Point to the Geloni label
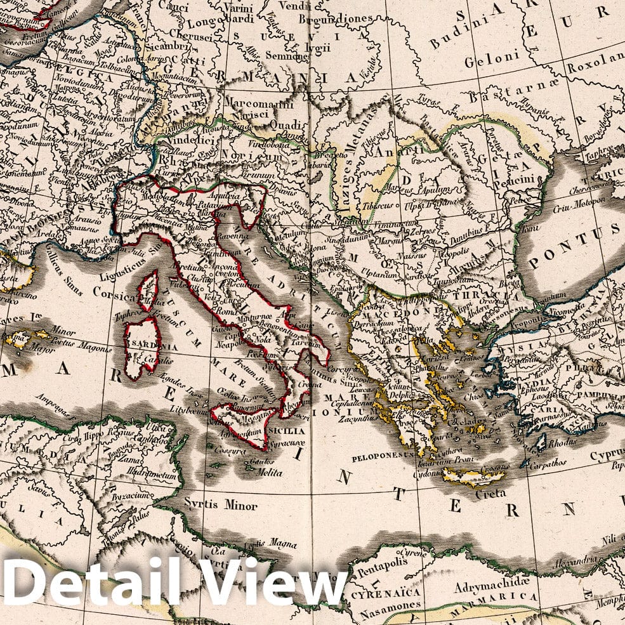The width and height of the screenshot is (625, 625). coord(487,62)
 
